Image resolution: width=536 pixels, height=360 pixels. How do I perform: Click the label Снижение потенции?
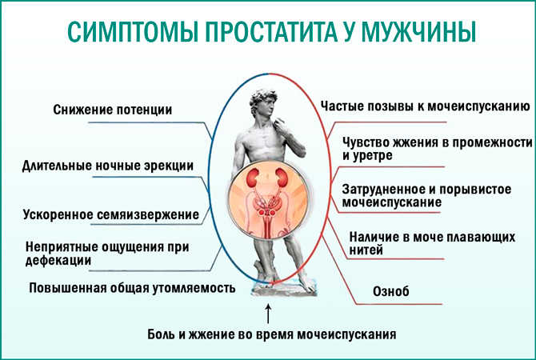point(112,109)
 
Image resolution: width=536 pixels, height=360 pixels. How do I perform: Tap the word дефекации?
point(57,259)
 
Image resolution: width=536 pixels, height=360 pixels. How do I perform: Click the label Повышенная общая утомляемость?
point(132,287)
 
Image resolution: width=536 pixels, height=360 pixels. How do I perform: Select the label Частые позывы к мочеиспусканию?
point(422,105)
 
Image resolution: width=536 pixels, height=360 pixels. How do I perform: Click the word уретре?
point(374,155)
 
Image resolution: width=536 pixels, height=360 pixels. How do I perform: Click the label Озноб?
point(391,292)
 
